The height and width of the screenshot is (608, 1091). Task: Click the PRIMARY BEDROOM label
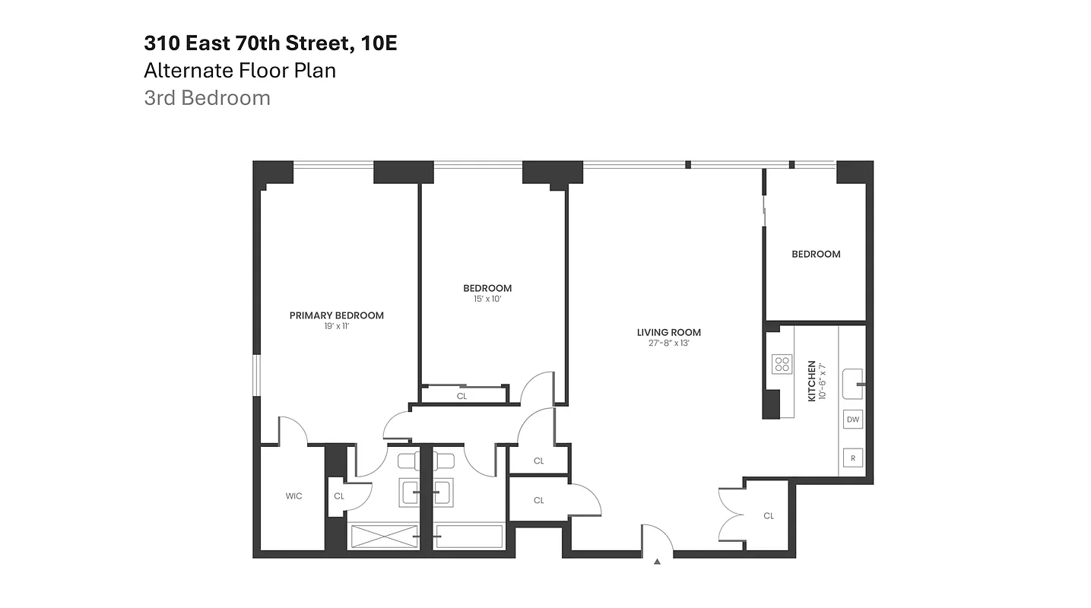(x=336, y=315)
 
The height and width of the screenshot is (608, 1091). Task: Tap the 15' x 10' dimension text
(x=487, y=299)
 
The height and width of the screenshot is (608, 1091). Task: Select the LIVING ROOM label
(x=669, y=332)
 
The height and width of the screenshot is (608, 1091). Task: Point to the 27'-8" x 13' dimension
(x=669, y=344)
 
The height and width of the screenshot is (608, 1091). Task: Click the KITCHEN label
(x=812, y=382)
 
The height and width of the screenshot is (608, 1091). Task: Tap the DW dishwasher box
(x=852, y=420)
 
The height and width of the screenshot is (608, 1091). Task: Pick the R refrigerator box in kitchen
(x=852, y=458)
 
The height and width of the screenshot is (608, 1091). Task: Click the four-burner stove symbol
(x=782, y=364)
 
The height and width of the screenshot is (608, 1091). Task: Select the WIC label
(x=293, y=496)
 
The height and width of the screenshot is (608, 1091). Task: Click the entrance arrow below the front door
(x=658, y=562)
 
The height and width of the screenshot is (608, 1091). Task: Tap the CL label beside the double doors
(x=769, y=516)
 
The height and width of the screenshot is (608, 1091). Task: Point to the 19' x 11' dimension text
(x=336, y=327)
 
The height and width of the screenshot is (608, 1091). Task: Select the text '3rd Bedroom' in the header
(x=207, y=98)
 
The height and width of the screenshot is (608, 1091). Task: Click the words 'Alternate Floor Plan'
(x=239, y=71)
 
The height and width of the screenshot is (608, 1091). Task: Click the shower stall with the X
(x=383, y=536)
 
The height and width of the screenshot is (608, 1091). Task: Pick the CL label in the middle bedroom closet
(x=461, y=396)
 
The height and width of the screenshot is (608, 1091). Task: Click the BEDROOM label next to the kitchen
(x=816, y=254)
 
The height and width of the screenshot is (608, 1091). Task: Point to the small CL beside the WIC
(x=339, y=496)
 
